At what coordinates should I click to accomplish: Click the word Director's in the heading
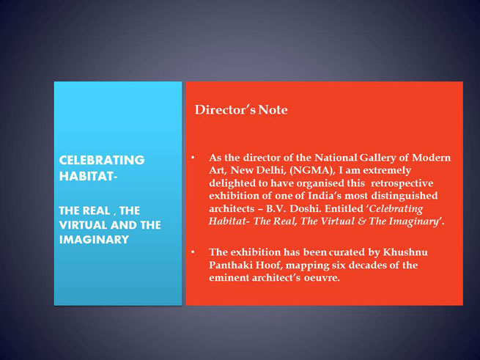point(225,110)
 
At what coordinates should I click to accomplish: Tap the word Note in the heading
point(273,110)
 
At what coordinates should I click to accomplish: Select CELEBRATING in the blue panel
point(102,161)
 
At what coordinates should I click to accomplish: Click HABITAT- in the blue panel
point(88,176)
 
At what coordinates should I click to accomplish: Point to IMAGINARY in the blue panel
point(94,239)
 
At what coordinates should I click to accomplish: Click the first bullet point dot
point(193,158)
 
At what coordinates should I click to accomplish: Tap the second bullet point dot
point(193,252)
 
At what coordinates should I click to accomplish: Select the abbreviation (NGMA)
point(312,170)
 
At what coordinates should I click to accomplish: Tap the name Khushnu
point(405,252)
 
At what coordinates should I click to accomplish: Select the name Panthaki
point(231,265)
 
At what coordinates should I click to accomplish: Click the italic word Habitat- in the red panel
point(227,221)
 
